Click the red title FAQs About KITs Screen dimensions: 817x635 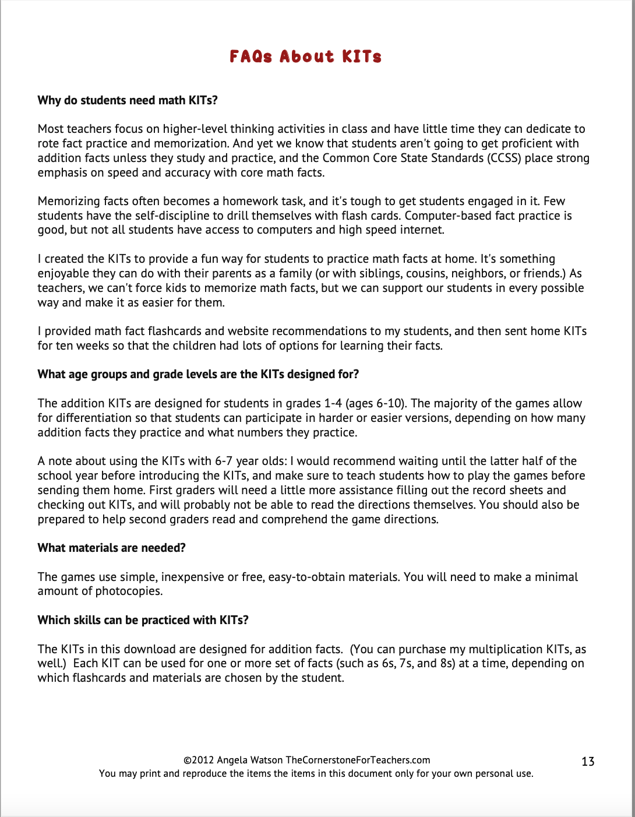click(x=305, y=57)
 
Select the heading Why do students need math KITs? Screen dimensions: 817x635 click(x=128, y=100)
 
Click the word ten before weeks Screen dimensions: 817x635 click(x=63, y=346)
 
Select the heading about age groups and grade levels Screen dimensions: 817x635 click(x=198, y=374)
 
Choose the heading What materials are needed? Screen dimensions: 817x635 click(x=112, y=548)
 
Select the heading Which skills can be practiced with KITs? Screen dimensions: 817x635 click(x=143, y=620)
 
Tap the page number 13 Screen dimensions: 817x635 click(x=588, y=761)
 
